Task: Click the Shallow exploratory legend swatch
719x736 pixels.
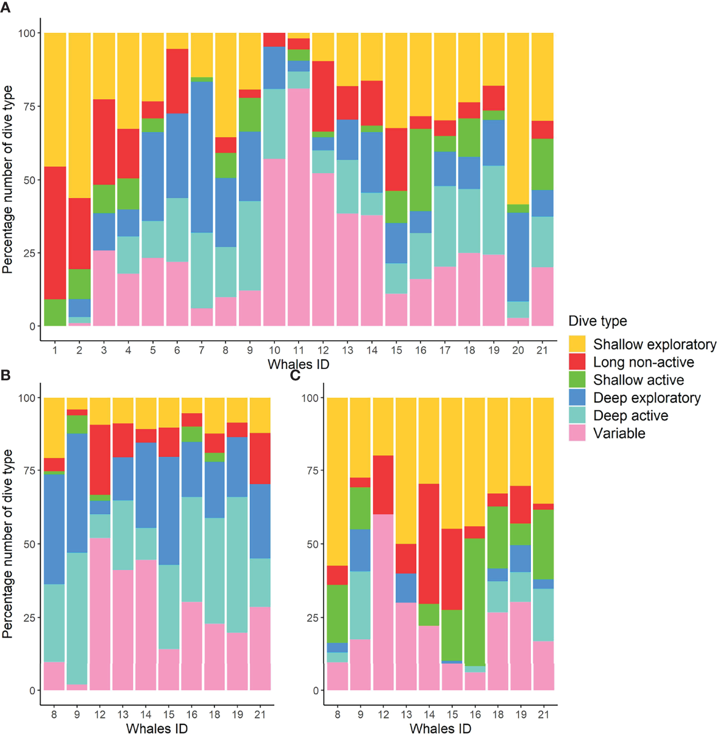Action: [x=577, y=344]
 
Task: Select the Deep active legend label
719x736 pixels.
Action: [x=631, y=415]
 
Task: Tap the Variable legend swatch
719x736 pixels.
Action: [x=577, y=433]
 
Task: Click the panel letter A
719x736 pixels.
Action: [x=6, y=8]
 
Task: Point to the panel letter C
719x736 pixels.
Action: [x=295, y=375]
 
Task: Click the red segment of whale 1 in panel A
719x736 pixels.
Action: [x=55, y=232]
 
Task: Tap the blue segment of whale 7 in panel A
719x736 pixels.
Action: [x=201, y=157]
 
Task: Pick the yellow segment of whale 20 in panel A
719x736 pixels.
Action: [x=518, y=118]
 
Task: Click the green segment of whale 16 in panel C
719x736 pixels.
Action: [x=475, y=601]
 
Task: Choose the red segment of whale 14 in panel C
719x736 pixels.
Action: [x=429, y=543]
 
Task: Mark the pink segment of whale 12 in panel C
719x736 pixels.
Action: [x=383, y=601]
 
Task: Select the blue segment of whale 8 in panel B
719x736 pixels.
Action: [x=54, y=529]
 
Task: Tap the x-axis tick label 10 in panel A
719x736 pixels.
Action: [x=274, y=351]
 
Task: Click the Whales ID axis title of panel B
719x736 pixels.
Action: [x=157, y=728]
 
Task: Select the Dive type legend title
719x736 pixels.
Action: [x=597, y=321]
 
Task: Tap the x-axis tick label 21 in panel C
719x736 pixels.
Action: [x=543, y=714]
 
